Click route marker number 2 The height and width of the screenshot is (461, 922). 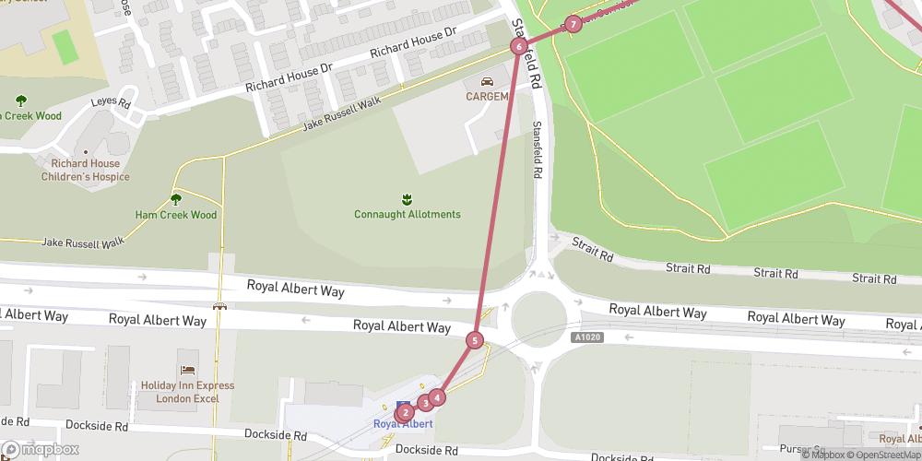click(x=406, y=413)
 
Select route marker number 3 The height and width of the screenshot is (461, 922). click(x=425, y=402)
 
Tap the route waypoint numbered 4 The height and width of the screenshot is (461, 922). click(x=437, y=397)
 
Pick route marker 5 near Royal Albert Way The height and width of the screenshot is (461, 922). click(x=475, y=340)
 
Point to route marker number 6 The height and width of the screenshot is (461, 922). click(x=519, y=46)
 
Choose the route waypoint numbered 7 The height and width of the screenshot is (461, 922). click(x=573, y=24)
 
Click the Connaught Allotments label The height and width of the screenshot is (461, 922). click(x=407, y=215)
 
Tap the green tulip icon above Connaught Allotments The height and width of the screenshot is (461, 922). click(x=407, y=198)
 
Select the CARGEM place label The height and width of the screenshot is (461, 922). click(x=486, y=97)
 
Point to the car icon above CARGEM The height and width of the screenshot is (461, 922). click(x=486, y=82)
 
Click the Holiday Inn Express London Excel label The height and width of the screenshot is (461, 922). click(x=187, y=392)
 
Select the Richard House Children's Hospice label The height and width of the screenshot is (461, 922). click(x=84, y=170)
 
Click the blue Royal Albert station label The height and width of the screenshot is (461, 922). click(x=403, y=424)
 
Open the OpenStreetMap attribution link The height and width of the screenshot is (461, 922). click(x=881, y=455)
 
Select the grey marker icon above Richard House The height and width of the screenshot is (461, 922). click(x=85, y=151)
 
